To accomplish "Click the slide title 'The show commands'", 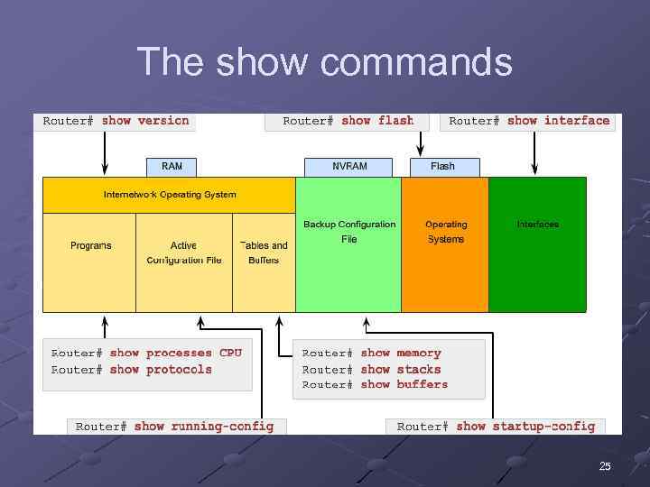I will (324, 63).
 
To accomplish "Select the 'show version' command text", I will (144, 120).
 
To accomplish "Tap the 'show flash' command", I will (376, 120).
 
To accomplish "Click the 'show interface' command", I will (557, 120).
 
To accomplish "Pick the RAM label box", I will (172, 167).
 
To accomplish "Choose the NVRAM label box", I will (349, 167).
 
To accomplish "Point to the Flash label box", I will (443, 167).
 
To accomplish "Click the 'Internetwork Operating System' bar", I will (170, 195).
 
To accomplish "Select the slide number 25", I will (605, 466).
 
